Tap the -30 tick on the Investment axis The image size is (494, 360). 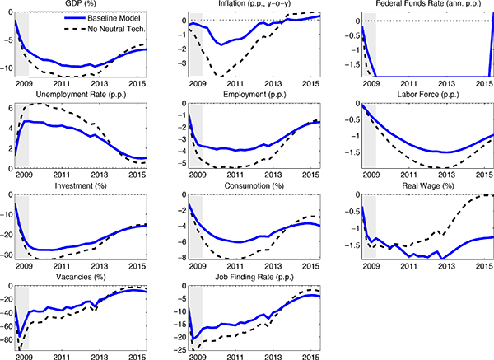coord(7,256)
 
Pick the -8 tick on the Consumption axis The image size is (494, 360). coord(178,258)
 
